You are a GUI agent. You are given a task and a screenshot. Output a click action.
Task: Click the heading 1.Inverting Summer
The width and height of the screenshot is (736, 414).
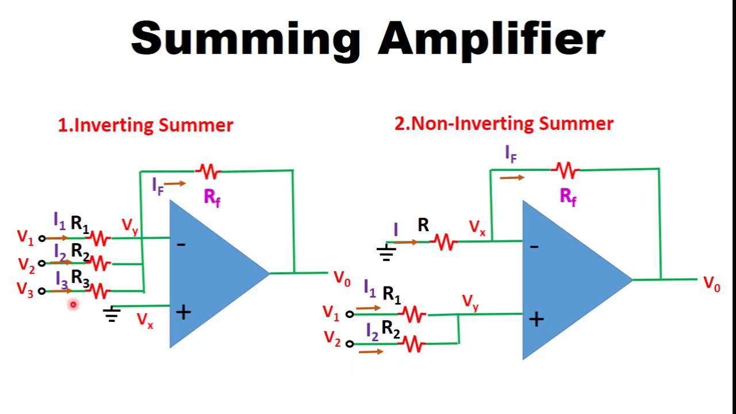point(145,125)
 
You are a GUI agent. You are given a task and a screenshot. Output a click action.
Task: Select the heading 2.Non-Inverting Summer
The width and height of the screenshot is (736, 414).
point(504,124)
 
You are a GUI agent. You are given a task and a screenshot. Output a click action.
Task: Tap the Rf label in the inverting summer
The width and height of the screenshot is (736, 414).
point(212,198)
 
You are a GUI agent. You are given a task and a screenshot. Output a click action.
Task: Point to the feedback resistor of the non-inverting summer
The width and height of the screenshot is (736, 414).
point(566,170)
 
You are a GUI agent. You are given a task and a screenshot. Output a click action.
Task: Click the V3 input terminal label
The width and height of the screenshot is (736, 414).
point(25,290)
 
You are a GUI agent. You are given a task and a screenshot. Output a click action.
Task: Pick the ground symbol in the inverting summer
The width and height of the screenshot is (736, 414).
point(112,314)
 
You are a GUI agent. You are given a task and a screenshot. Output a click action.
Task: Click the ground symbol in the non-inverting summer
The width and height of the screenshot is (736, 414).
point(386,252)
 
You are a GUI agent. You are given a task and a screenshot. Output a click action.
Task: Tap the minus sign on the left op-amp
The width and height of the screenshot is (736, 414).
point(181,245)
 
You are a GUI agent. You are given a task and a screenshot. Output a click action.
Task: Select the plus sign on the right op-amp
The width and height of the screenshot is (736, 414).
point(536,320)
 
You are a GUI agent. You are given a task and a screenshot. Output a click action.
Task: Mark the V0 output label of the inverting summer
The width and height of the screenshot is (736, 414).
point(342,279)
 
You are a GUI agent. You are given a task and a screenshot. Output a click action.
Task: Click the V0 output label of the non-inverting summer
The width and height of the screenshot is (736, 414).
point(712,284)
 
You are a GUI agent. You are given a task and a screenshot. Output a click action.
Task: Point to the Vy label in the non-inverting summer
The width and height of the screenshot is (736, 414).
point(470,302)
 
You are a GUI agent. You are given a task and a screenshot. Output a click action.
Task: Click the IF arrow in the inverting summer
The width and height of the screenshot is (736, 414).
point(175,183)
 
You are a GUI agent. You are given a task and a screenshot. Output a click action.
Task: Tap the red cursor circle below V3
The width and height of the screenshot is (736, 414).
point(73,305)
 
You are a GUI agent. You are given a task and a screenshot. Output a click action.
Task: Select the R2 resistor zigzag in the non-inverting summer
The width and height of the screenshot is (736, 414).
point(413,344)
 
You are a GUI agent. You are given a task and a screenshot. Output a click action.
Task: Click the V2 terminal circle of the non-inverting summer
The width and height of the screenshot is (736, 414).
point(350,343)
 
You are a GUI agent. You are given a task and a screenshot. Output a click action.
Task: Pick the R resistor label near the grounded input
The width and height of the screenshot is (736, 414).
point(423,225)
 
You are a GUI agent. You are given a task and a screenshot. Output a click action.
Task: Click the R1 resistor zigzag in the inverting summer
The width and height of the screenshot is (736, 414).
point(99,237)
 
